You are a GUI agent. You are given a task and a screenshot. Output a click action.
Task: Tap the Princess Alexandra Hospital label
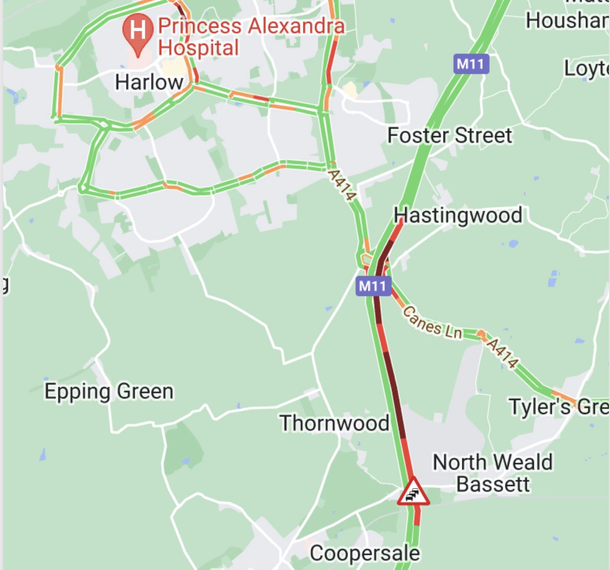coord(250,37)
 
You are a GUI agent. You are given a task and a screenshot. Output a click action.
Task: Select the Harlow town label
coord(149,82)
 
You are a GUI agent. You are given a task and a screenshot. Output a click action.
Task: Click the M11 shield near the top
coord(470,64)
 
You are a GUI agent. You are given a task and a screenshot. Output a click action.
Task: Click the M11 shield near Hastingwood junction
coord(373,286)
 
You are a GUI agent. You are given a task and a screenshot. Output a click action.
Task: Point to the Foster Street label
coord(450,136)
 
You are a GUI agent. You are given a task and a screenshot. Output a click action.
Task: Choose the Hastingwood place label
coord(458,215)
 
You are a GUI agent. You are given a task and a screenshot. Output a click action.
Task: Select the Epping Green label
coord(109,391)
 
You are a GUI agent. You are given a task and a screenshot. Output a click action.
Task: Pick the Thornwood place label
coord(334,423)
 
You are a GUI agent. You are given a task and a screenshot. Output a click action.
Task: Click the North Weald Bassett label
coord(492,473)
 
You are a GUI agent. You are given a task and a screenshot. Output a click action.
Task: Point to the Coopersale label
coord(364,553)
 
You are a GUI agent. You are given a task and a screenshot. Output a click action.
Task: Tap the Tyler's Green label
coord(558,406)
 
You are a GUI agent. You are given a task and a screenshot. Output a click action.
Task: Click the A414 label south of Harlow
coord(342,183)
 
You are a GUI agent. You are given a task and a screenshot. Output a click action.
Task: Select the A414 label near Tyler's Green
coord(502,353)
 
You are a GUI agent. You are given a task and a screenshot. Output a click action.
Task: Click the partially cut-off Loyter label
coord(587,68)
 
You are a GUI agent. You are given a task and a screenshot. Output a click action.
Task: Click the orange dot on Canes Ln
coord(481,333)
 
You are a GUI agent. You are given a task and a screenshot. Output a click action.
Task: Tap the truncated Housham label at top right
coord(567,20)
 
